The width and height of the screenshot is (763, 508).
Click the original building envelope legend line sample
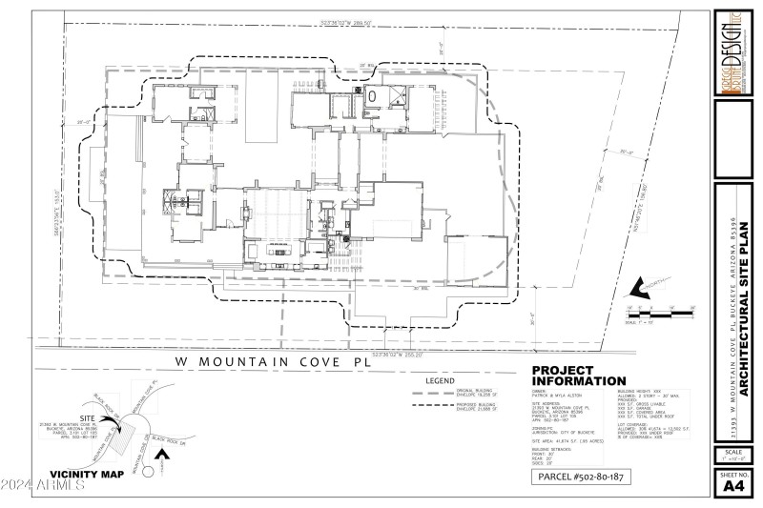[433, 393]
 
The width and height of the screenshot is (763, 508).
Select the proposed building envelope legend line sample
[433, 405]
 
